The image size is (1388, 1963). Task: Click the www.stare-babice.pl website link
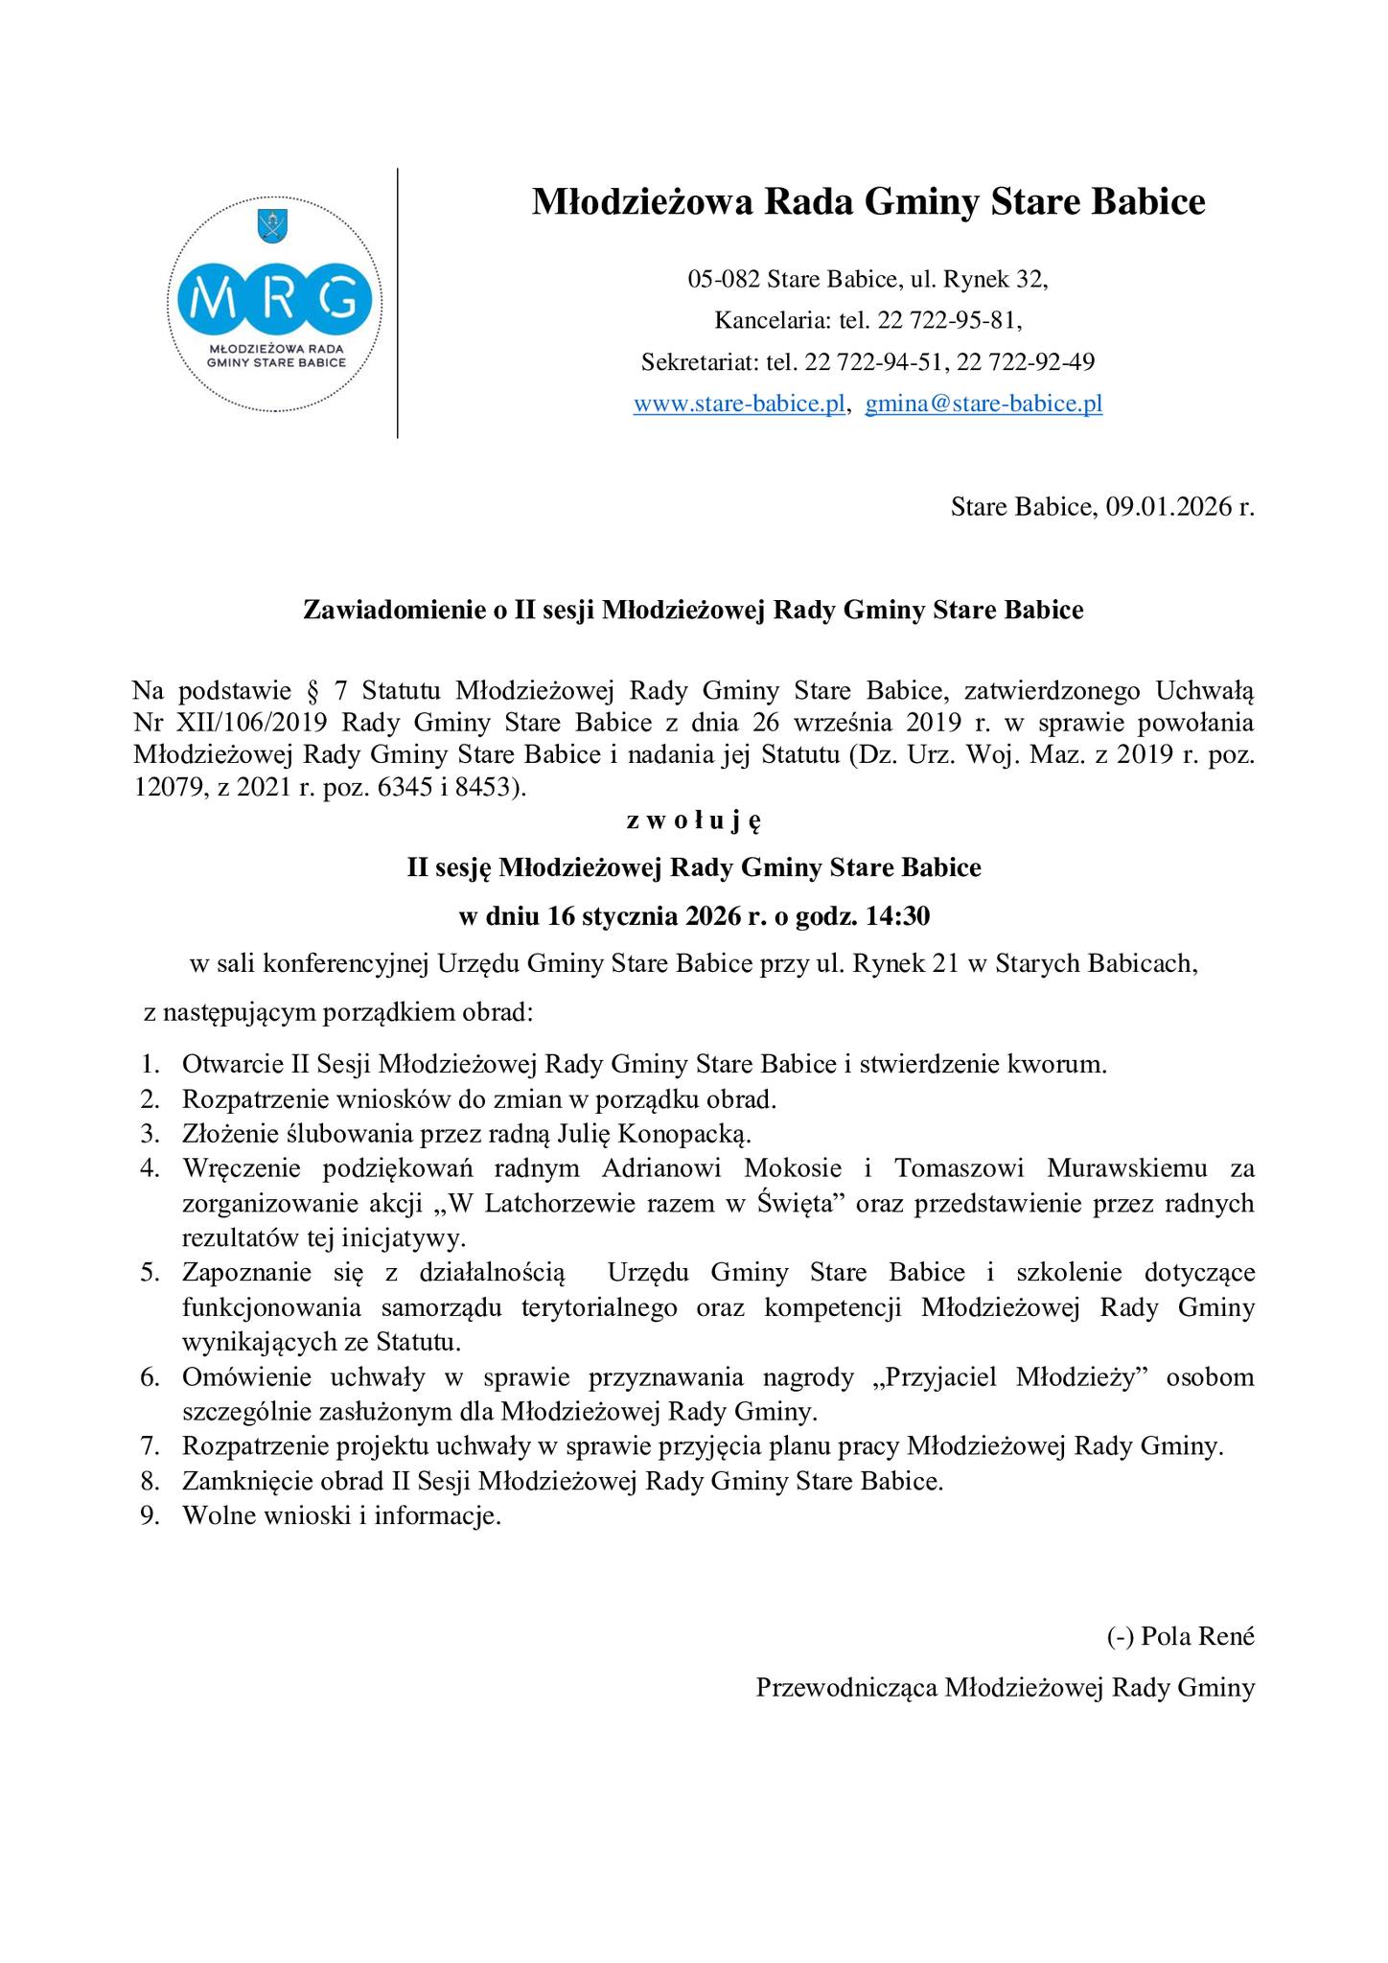[x=739, y=404]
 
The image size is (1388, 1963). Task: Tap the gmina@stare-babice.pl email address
[x=983, y=404]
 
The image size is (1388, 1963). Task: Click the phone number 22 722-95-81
[x=942, y=321]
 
